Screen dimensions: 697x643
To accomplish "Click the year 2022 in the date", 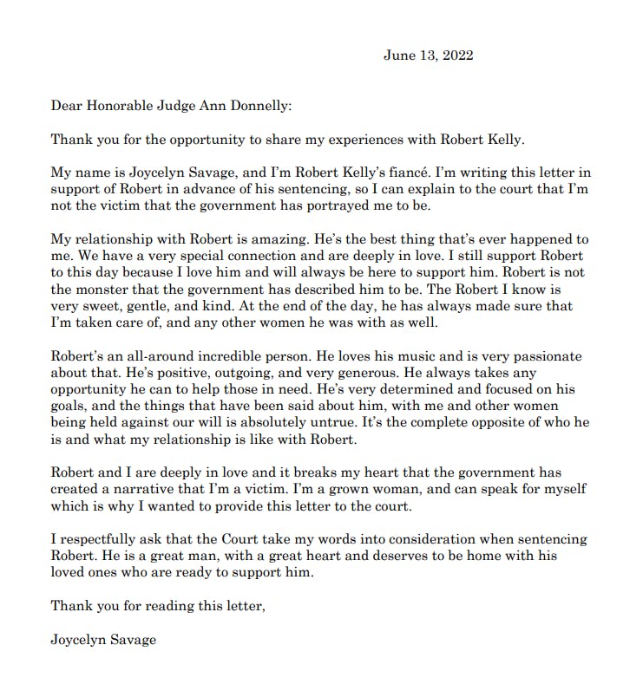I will (x=456, y=55).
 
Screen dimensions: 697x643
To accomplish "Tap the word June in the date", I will (x=398, y=55).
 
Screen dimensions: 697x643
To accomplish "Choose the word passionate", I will (x=546, y=355).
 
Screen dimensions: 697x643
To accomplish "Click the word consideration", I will (x=423, y=539).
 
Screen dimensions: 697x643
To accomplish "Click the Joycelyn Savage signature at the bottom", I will (x=104, y=640).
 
